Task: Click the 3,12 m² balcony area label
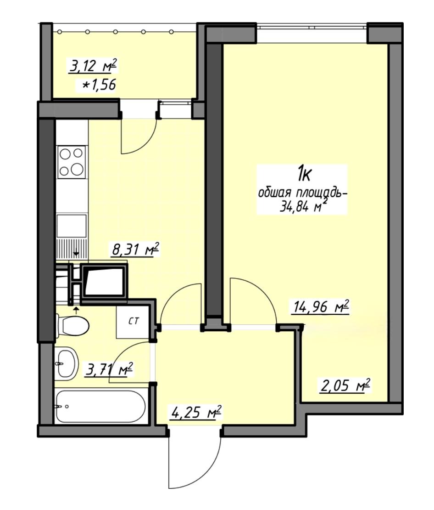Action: [x=93, y=66]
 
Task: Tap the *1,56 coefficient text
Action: [x=100, y=85]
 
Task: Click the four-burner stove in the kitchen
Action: [x=72, y=162]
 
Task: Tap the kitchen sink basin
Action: [x=72, y=226]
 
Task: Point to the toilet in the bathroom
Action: [x=72, y=326]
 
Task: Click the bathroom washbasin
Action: [x=67, y=363]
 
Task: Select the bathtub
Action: [x=100, y=407]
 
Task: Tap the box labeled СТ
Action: [x=133, y=322]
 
